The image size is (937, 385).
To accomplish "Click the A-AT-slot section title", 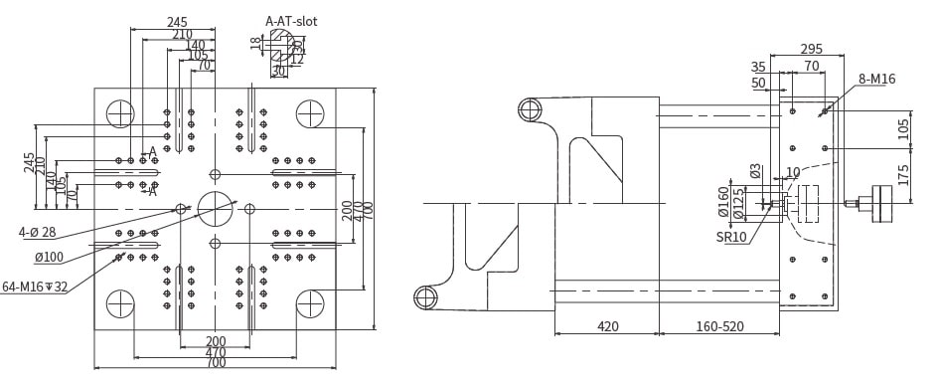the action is [291, 22].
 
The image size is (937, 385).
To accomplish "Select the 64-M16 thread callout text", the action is [34, 287].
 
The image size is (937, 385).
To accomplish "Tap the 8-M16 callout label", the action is [877, 79].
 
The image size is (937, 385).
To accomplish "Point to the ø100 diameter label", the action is [49, 258].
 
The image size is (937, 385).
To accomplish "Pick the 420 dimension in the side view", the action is [608, 326].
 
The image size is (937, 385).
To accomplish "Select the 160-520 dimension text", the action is [720, 326].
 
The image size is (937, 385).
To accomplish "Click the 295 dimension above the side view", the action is [812, 49].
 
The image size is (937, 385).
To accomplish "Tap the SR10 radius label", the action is [731, 237].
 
